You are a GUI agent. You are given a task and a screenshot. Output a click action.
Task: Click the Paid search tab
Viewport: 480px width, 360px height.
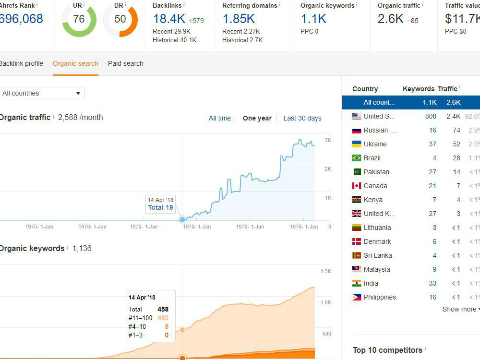[125, 63]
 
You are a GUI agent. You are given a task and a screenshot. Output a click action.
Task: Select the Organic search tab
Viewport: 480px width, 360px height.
[75, 63]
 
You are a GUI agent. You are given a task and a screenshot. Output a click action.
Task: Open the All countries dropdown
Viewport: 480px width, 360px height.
[42, 93]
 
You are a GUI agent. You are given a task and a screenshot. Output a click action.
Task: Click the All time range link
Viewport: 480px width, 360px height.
[219, 118]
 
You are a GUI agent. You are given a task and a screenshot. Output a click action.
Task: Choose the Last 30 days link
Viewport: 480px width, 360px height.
[302, 118]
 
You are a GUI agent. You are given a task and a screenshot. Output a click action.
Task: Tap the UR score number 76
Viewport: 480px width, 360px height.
[79, 19]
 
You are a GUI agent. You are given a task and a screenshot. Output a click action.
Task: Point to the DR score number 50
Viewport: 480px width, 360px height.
[120, 19]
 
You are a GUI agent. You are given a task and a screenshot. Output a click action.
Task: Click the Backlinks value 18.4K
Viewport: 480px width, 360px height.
[169, 19]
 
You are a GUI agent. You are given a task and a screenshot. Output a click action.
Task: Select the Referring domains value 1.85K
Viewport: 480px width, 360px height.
[239, 19]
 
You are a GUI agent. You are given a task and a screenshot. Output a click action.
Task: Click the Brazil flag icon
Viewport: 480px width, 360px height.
[356, 158]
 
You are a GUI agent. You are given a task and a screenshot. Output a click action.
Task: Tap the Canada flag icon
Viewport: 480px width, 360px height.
[356, 186]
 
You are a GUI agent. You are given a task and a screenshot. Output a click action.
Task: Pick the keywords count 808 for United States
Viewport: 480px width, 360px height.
[431, 116]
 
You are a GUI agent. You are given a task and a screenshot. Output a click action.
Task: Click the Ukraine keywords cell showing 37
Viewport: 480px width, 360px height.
[432, 144]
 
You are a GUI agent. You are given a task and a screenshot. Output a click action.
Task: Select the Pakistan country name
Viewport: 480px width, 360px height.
[376, 172]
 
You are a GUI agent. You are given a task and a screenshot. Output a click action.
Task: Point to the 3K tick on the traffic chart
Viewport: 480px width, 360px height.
[328, 140]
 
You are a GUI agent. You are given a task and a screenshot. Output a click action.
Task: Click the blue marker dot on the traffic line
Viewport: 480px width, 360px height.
[182, 219]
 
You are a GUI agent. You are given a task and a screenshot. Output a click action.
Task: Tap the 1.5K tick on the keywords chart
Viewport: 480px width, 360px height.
[326, 271]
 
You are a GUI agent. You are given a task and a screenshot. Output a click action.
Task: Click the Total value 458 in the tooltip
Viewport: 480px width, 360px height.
[163, 309]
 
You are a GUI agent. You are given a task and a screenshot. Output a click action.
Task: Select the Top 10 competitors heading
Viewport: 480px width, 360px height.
[387, 350]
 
